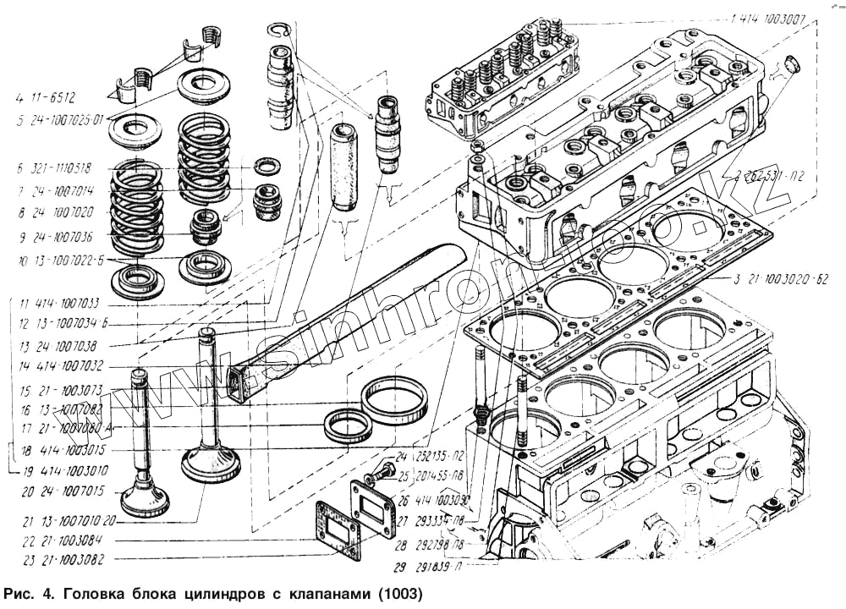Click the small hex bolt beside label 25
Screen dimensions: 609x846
pyautogui.click(x=383, y=470)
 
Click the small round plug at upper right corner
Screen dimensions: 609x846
pyautogui.click(x=792, y=63)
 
